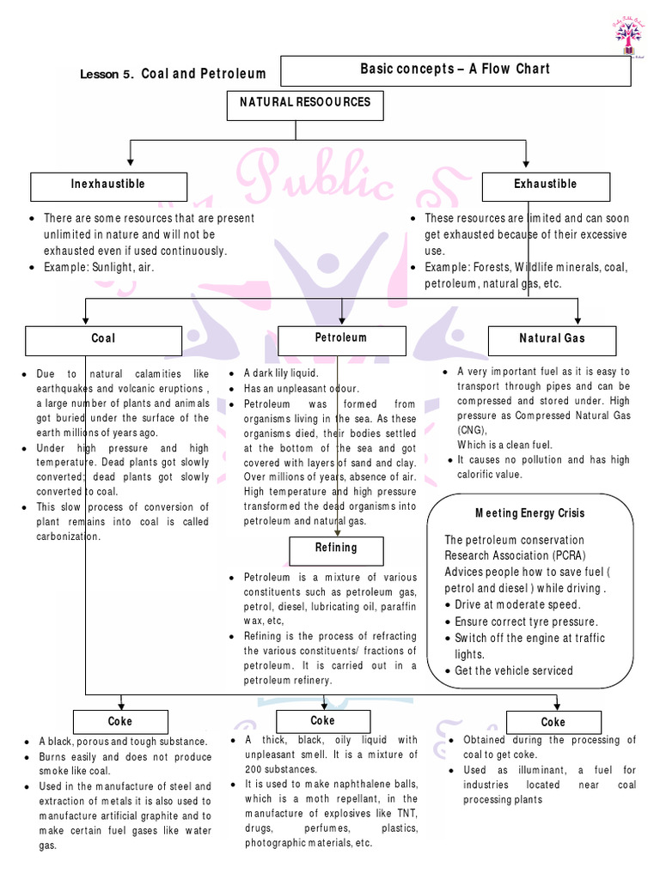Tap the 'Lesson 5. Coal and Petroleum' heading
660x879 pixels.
point(173,74)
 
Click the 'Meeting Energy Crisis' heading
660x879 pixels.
point(530,513)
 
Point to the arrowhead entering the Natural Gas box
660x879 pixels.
point(577,318)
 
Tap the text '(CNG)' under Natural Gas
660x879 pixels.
point(472,430)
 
